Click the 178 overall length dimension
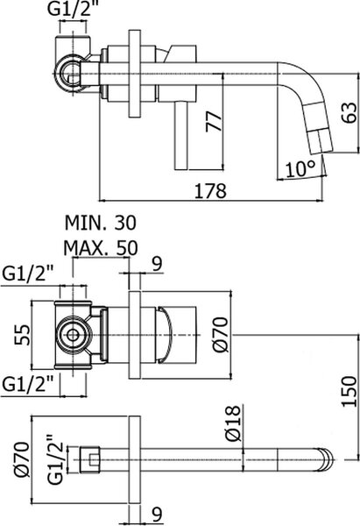click(x=210, y=191)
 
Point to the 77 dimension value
click(x=215, y=121)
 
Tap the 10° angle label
click(x=300, y=168)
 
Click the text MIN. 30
click(x=101, y=223)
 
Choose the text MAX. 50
click(x=101, y=248)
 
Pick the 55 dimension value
click(x=23, y=335)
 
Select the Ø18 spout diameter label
click(x=233, y=423)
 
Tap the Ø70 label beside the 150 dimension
click(x=221, y=335)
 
